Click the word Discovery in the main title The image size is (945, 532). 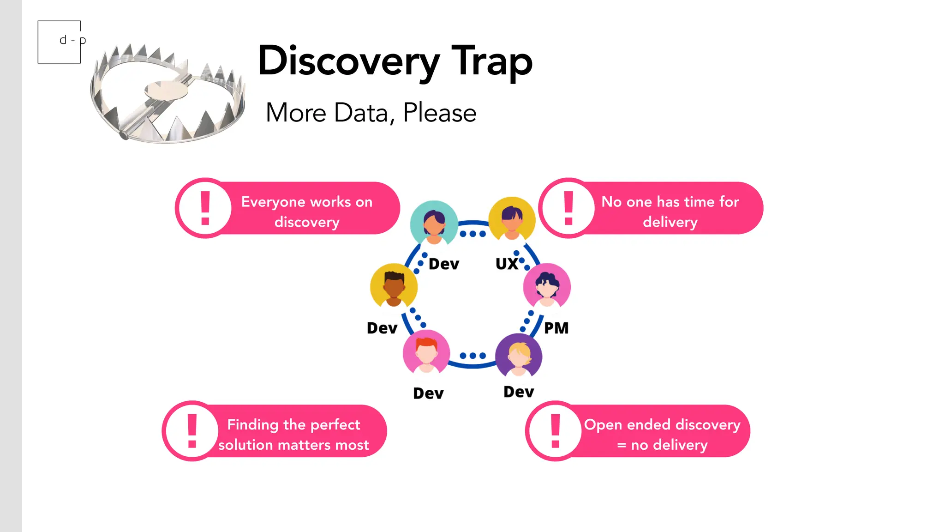click(x=348, y=61)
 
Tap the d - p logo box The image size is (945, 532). click(x=60, y=42)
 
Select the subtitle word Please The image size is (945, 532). click(x=439, y=113)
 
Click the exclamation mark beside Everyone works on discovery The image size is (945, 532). click(x=205, y=208)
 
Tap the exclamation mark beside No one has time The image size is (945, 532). click(x=568, y=208)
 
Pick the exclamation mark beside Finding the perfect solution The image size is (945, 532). click(x=192, y=430)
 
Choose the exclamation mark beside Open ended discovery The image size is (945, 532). click(x=556, y=430)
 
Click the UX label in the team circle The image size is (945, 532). click(x=507, y=264)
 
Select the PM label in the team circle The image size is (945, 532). click(x=556, y=328)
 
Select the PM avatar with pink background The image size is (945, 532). click(x=547, y=285)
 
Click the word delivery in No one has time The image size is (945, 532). click(x=670, y=222)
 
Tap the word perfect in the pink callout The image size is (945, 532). click(x=335, y=425)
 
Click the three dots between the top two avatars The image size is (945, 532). click(x=472, y=234)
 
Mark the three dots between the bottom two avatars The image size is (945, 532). click(x=472, y=356)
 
